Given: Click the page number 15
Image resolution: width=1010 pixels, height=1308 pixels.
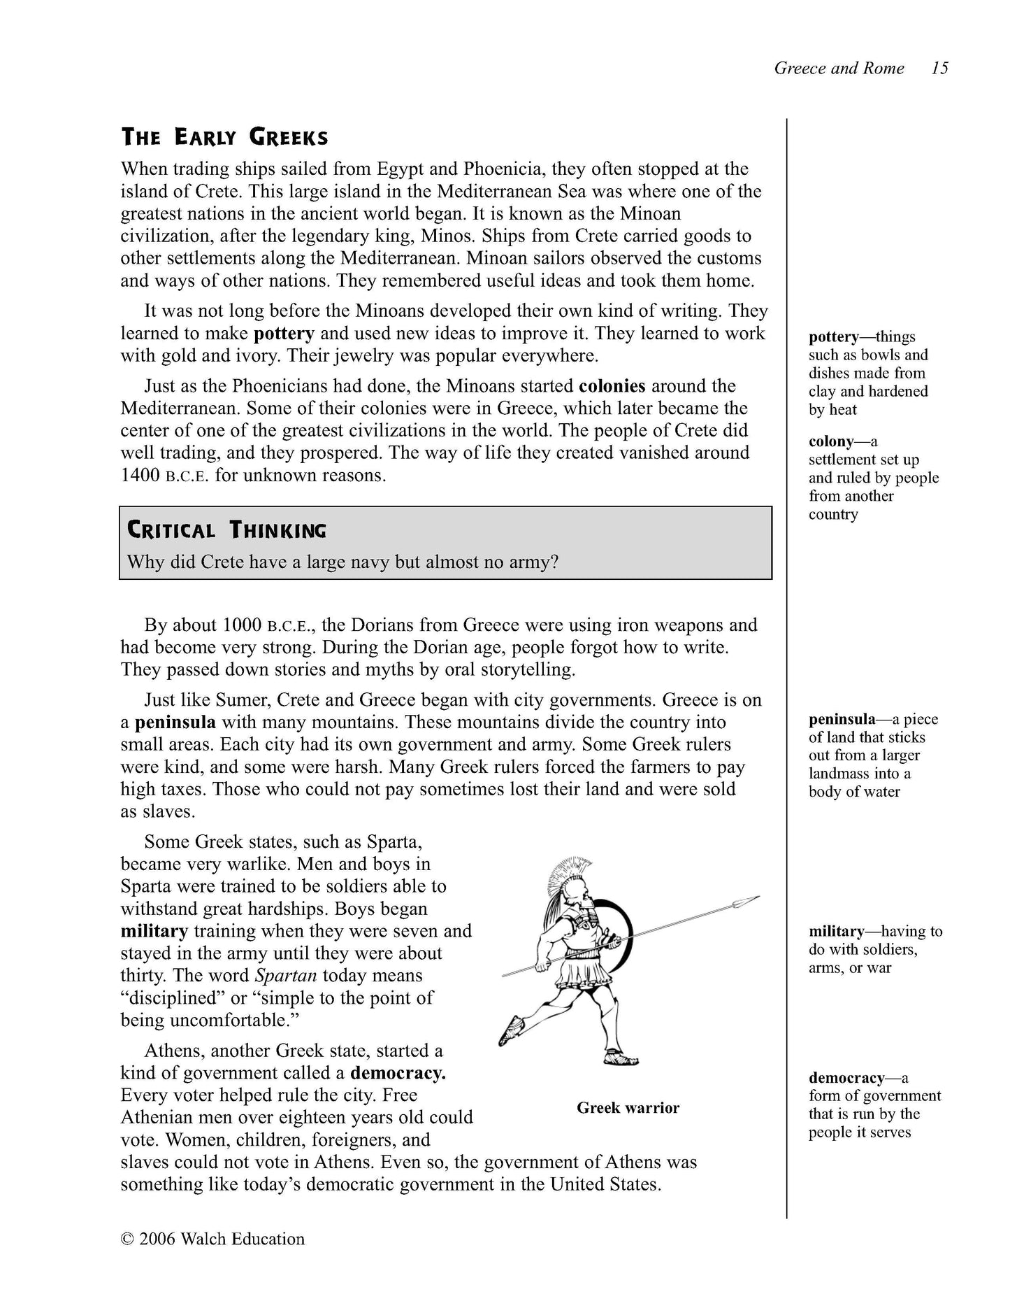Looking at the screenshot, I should [x=940, y=69].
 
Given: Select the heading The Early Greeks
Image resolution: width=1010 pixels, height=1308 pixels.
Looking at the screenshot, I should [x=224, y=137].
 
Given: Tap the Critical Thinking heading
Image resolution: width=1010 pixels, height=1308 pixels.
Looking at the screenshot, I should [x=226, y=531].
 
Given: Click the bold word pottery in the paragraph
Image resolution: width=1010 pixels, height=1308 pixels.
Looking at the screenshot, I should [x=284, y=334].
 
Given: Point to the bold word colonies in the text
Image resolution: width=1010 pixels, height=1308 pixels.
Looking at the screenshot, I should [x=612, y=386].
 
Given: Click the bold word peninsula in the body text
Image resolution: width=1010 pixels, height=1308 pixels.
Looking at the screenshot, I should [x=175, y=723].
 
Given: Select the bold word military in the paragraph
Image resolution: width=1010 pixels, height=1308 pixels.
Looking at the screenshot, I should [x=154, y=932].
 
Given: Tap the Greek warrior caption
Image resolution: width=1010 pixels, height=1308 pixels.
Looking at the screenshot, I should [x=628, y=1108].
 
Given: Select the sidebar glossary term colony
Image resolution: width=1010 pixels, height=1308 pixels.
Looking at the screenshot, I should [x=831, y=442].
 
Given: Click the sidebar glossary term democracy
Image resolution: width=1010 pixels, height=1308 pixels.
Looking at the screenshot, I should [x=846, y=1078].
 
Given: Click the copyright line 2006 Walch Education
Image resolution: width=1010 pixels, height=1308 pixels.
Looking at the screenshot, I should [x=212, y=1239].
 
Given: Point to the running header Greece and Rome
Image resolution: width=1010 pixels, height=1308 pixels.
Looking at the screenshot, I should [x=839, y=69].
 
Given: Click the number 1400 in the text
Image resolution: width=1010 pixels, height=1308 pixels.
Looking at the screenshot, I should [x=140, y=476].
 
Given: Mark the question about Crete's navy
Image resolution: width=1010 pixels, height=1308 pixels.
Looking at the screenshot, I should [x=342, y=562].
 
